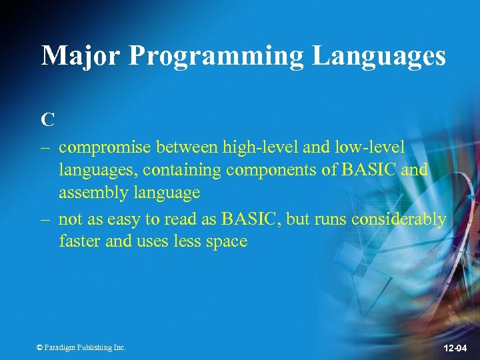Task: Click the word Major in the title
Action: (x=81, y=56)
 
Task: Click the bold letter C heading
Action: (x=47, y=120)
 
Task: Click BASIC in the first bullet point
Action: (x=370, y=169)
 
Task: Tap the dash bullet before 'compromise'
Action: (x=46, y=147)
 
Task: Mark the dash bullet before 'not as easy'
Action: (x=46, y=218)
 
